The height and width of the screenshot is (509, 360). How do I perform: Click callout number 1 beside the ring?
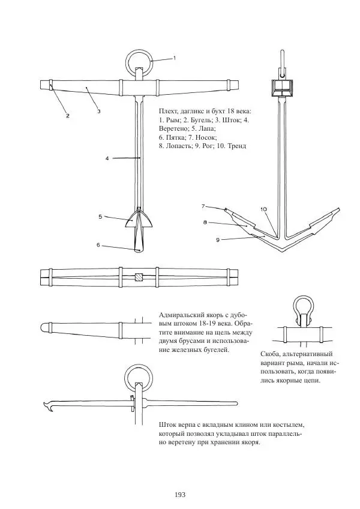pos(174,58)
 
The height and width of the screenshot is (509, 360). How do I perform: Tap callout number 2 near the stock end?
pos(68,115)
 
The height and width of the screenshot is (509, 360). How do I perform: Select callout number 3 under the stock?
pos(98,111)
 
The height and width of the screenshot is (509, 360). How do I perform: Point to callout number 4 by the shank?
pos(106,159)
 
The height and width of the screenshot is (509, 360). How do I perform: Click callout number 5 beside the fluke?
pos(101,216)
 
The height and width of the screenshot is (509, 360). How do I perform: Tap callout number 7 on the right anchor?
pos(204,206)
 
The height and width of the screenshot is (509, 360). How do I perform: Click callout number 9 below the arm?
pos(218,239)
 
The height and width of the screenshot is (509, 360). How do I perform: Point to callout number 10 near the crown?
pos(263,209)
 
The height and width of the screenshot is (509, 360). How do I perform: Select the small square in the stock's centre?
pos(139,278)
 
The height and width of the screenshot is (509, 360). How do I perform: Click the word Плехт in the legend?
pos(169,112)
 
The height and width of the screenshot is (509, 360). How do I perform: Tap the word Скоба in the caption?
pos(274,354)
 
